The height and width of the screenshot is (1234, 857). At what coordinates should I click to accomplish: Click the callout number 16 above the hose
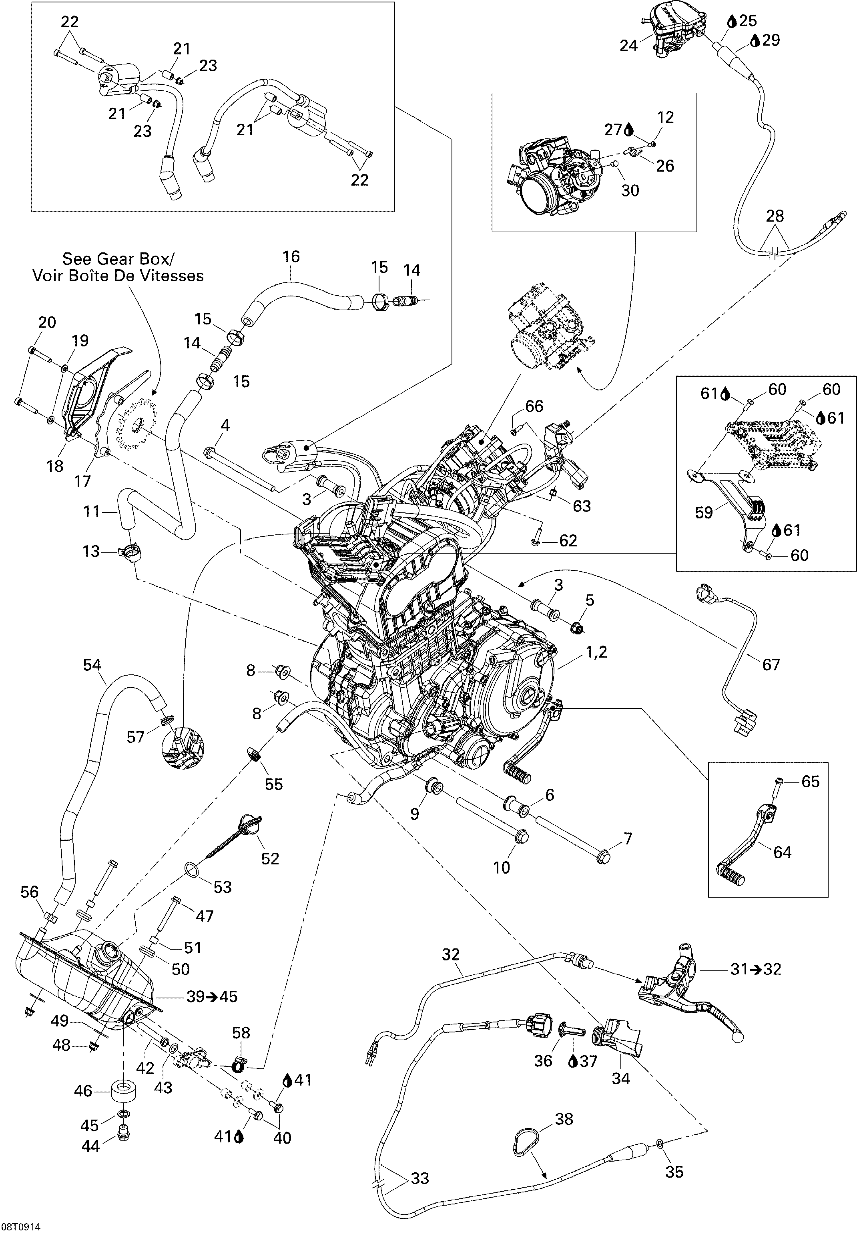click(291, 257)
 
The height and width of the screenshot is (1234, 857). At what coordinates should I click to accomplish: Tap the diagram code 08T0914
click(20, 1228)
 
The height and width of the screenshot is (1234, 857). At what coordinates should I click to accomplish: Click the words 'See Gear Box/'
click(118, 259)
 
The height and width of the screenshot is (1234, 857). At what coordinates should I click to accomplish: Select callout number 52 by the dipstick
click(270, 858)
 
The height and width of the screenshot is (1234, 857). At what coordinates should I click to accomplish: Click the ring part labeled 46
click(123, 1091)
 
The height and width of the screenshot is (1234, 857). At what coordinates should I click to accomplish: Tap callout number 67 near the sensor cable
click(771, 665)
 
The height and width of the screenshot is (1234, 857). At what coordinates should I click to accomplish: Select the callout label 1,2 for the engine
click(596, 652)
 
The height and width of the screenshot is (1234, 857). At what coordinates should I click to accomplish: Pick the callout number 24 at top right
click(628, 46)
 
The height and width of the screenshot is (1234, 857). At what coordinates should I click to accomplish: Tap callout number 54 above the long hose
click(92, 665)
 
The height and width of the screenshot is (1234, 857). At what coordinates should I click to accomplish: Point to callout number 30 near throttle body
click(630, 190)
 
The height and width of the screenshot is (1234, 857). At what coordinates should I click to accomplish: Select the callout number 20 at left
click(47, 322)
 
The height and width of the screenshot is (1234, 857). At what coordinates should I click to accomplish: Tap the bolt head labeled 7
click(604, 857)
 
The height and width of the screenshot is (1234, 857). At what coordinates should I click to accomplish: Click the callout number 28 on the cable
click(775, 216)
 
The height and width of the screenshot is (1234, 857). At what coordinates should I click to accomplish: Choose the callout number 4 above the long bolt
click(225, 426)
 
